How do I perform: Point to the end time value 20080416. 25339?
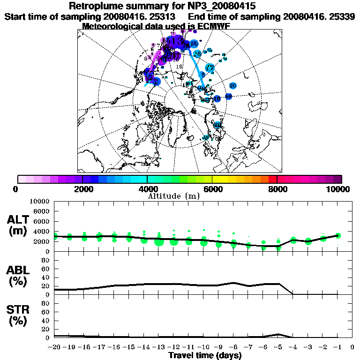(319, 16)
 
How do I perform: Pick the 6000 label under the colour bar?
(212, 189)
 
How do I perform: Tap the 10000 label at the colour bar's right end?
(337, 189)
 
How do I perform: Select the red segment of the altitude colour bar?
(272, 179)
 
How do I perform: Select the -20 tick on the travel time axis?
(54, 347)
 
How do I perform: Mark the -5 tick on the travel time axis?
(278, 347)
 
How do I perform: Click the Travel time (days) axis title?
(205, 356)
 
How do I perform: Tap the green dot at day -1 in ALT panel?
(337, 236)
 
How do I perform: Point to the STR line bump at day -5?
(278, 334)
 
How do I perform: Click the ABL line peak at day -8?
(233, 283)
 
